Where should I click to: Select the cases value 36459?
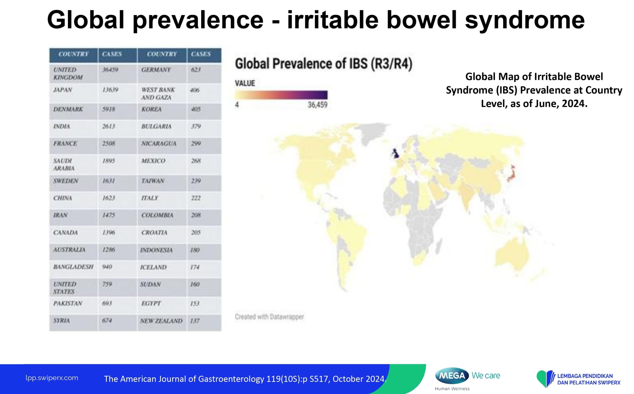pyautogui.click(x=110, y=70)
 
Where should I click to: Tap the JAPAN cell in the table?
pyautogui.click(x=63, y=90)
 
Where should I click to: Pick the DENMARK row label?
pyautogui.click(x=68, y=109)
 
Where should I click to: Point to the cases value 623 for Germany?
pyautogui.click(x=196, y=70)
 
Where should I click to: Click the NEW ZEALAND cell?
pyautogui.click(x=161, y=321)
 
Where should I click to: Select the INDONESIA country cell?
pyautogui.click(x=156, y=250)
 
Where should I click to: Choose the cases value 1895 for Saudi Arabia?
pyautogui.click(x=109, y=161)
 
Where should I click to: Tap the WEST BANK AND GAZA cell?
pyautogui.click(x=158, y=94)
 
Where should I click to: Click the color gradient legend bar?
pyautogui.click(x=281, y=95)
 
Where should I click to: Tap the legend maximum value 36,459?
pyautogui.click(x=317, y=105)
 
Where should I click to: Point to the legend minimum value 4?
pyautogui.click(x=237, y=105)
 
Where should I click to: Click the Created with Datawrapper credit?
pyautogui.click(x=269, y=317)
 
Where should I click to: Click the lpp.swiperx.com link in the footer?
pyautogui.click(x=52, y=378)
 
